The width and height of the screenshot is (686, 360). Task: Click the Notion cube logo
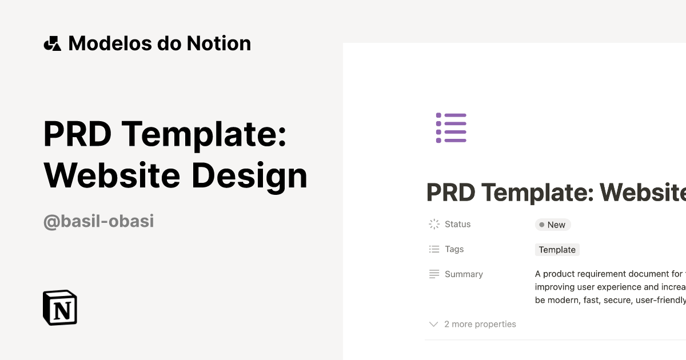pos(60,308)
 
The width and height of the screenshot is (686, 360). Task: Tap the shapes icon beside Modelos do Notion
pos(52,43)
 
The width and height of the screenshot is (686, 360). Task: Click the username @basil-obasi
pos(98,221)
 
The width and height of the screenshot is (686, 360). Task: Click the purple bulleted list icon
pos(451,127)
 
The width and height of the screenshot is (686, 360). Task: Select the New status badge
pos(553,225)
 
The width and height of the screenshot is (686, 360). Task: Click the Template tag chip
pos(557,250)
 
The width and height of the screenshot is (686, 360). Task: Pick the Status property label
pos(457,225)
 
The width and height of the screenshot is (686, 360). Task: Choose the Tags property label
pos(454,250)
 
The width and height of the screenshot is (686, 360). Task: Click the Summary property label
pos(464,274)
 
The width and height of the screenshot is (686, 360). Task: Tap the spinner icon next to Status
pos(434,225)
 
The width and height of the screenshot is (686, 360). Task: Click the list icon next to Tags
pos(434,250)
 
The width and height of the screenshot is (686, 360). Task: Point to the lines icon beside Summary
pos(434,274)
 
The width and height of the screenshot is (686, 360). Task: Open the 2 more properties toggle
pos(480,325)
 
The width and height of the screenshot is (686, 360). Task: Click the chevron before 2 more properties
pos(433,325)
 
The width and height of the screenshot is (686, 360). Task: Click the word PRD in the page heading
pos(451,193)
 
